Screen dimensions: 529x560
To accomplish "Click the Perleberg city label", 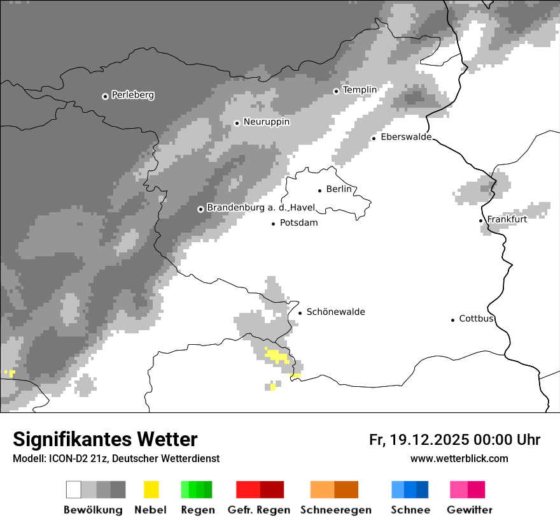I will [x=132, y=95].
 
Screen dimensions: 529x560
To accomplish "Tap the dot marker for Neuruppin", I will [x=237, y=122].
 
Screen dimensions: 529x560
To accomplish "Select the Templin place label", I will [x=360, y=90].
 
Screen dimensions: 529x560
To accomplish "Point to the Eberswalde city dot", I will [x=374, y=138].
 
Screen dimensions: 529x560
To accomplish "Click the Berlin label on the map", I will [x=339, y=189].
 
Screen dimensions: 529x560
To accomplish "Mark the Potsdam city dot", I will [x=274, y=224].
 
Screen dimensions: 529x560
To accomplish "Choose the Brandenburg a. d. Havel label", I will [x=260, y=208].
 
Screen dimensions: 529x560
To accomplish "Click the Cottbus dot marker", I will [x=453, y=319].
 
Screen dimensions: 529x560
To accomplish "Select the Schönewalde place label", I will [x=335, y=312].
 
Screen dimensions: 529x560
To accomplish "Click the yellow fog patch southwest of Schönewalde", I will [x=277, y=355].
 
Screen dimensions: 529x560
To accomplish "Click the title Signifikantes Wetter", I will [x=105, y=439].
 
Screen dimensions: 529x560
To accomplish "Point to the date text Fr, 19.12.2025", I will [x=419, y=440].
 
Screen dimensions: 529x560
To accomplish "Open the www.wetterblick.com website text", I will [x=459, y=458].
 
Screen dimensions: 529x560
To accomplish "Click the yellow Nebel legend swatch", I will [x=151, y=489].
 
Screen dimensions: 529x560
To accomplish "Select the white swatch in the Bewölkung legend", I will [x=74, y=489].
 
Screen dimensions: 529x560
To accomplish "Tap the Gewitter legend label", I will [x=469, y=510].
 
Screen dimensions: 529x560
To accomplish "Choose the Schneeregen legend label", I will [x=335, y=510].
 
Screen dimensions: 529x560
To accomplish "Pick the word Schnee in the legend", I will [x=410, y=510].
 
